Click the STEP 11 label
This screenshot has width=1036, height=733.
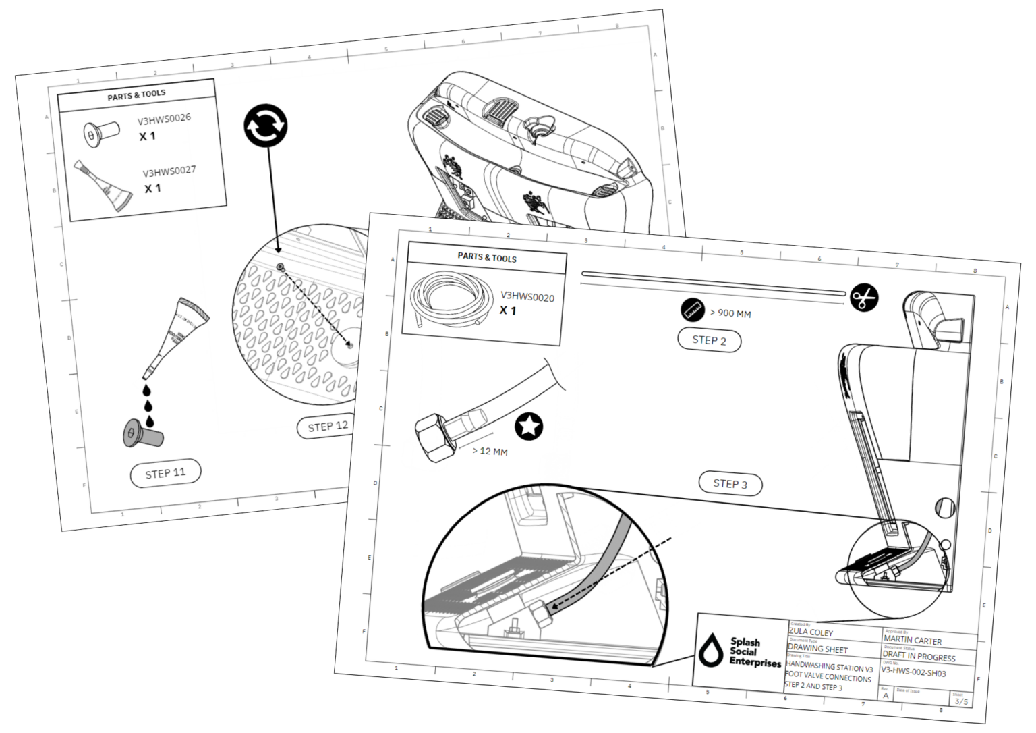165,473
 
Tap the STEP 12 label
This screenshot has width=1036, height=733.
328,427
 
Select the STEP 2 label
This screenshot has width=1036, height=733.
709,340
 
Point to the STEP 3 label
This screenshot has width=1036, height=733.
730,484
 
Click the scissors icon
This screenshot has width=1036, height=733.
864,297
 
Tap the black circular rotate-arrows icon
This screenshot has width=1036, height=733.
265,126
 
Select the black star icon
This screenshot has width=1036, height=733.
529,427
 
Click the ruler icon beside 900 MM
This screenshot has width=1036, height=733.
693,309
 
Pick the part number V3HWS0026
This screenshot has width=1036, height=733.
164,119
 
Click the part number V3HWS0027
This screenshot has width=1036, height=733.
169,171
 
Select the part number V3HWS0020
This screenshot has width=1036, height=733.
527,296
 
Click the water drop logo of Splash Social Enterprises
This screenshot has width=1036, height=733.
711,650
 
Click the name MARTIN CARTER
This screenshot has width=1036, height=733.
913,640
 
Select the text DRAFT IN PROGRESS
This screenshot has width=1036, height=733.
919,657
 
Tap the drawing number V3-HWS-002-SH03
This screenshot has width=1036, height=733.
913,672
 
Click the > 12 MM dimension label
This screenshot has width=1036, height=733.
490,450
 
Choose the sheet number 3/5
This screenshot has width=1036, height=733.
960,701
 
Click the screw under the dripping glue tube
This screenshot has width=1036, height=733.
142,434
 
